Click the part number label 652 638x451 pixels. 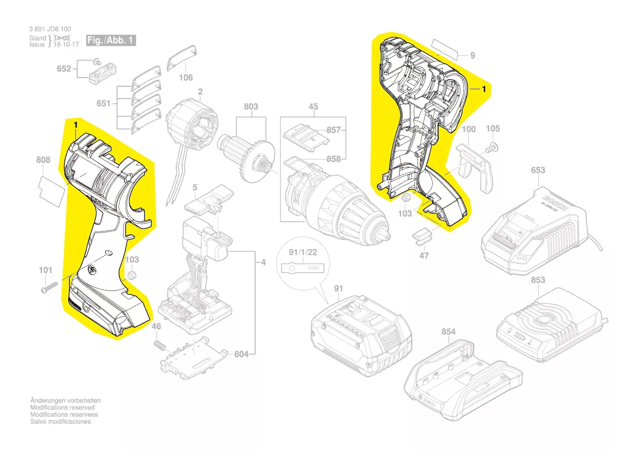point(64,69)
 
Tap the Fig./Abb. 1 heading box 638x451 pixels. point(110,41)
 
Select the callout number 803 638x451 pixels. point(251,107)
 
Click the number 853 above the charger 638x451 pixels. point(538,280)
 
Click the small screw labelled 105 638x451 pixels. point(491,146)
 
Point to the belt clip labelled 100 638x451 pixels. point(473,164)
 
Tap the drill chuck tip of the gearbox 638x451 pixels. point(384,234)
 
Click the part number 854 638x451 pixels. point(448,332)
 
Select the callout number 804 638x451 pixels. point(241,354)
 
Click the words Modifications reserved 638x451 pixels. point(62,407)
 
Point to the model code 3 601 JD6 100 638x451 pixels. point(50,29)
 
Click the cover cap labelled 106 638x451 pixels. point(180,57)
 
